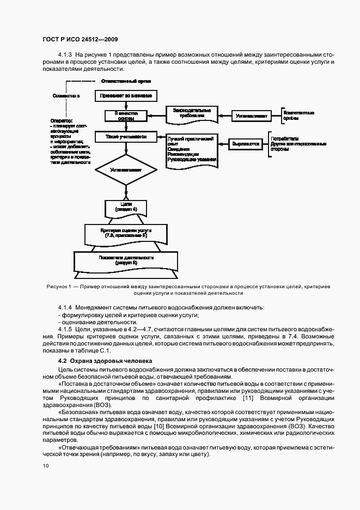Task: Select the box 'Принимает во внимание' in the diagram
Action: point(126,96)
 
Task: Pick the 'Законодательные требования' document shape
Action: point(189,113)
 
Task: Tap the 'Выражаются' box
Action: point(246,144)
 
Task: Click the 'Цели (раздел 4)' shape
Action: point(126,208)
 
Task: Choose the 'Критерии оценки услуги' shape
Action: point(126,233)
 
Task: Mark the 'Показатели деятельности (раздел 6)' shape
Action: point(126,259)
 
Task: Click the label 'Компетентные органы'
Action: point(299,116)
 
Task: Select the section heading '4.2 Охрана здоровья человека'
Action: point(101,362)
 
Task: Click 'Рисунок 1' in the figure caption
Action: point(53,286)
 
